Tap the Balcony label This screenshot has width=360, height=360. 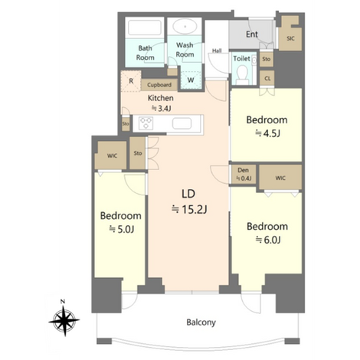click(201, 322)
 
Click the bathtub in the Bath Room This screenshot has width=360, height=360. click(145, 28)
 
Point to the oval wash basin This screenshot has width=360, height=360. click(185, 26)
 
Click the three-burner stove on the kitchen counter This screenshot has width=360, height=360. click(146, 123)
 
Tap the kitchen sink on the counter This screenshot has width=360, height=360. click(182, 123)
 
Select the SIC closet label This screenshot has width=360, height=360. click(290, 38)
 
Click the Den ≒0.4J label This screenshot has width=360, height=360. click(244, 175)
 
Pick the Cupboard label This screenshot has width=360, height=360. click(159, 85)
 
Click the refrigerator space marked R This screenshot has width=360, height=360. click(131, 81)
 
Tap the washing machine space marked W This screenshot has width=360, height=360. click(191, 80)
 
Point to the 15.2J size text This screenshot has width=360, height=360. click(189, 210)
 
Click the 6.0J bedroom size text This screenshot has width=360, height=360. click(268, 240)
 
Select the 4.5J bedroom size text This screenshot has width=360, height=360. click(268, 133)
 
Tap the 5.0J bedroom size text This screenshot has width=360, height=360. click(122, 229)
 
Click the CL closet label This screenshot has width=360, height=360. click(267, 79)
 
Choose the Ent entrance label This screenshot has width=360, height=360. click(252, 34)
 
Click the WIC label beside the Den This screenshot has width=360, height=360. click(280, 178)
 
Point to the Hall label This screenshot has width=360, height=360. click(217, 51)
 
